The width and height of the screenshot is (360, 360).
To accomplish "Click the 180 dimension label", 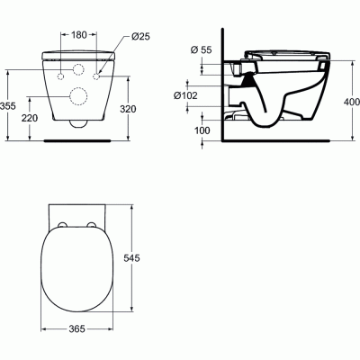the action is point(79,35).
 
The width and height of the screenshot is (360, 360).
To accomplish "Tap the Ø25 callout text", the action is point(140,37).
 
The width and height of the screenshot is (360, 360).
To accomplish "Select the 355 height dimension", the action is point(7,106).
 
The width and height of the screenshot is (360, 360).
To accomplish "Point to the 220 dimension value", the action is point(30,118).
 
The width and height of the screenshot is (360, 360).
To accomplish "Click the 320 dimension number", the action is point(128,109).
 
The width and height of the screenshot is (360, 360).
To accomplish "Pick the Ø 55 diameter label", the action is point(201,49).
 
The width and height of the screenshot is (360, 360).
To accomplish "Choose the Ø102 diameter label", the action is point(185,95).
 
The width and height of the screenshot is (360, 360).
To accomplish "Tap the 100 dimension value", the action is point(202,130).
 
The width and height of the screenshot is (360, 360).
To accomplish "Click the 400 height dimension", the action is point(352,102).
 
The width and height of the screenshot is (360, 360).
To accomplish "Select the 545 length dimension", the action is point(131,257).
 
